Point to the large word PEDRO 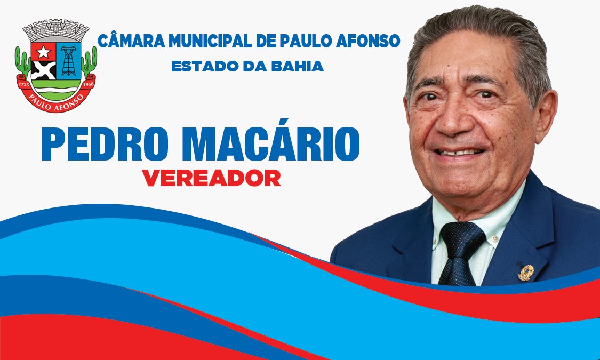coord(105,144)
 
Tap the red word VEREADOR coord(211,178)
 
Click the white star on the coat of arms coord(43,52)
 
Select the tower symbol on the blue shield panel coord(68,60)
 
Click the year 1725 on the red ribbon coord(23,83)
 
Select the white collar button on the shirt coord(494,238)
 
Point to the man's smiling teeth coord(460,152)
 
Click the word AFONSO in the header coord(367,41)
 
